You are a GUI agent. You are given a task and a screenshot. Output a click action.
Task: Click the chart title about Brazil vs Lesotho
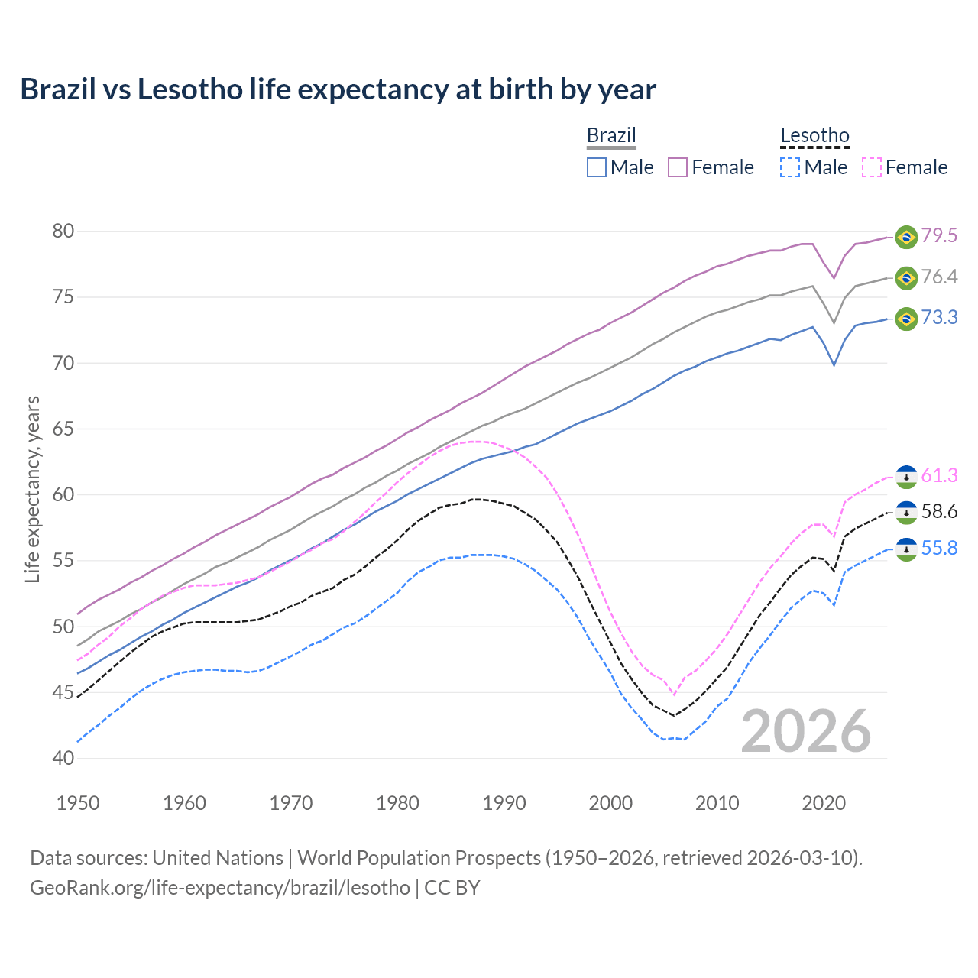point(338,89)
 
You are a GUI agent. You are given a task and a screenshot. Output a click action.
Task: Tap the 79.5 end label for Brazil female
point(939,236)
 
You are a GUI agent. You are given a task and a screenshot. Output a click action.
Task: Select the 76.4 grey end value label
point(939,277)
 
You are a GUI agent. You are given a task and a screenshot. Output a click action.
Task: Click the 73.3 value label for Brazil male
point(939,318)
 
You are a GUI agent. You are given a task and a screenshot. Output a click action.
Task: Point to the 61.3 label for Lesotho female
point(939,476)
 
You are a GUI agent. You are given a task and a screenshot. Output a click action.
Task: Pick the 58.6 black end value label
point(939,512)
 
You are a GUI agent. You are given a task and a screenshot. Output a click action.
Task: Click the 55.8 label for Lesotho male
point(939,549)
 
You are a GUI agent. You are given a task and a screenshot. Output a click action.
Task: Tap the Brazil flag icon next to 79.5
point(906,237)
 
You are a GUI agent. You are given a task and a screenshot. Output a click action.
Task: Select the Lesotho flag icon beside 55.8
point(906,549)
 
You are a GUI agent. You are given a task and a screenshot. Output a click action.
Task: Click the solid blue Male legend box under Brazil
point(597,167)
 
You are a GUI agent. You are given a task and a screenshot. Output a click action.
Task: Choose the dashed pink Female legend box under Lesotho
point(872,167)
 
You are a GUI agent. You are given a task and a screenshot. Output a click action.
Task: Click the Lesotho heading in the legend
point(814,136)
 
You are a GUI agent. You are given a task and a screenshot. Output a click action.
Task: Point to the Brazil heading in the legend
point(611,136)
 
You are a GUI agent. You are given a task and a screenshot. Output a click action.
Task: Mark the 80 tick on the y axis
point(63,232)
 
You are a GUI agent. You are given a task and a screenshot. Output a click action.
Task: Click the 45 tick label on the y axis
point(63,693)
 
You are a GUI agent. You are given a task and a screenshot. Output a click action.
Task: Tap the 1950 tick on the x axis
point(78,803)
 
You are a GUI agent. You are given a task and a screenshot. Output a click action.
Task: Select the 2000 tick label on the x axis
point(610,803)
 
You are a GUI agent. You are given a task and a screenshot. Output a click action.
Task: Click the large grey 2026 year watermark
point(806,732)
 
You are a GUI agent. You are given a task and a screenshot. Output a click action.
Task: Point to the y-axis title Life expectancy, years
point(33,489)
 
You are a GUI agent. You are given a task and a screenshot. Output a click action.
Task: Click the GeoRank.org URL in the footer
point(220,888)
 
